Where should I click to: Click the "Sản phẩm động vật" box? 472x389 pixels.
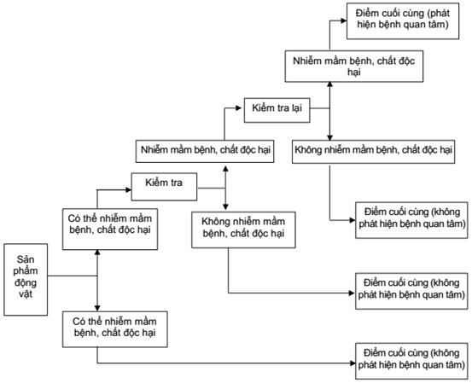pos(26,280)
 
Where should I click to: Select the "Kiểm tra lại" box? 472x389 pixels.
pos(277,110)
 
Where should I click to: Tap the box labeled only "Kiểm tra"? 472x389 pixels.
pos(165,187)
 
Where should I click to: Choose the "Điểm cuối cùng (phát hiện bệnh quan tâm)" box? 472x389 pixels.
pos(403,21)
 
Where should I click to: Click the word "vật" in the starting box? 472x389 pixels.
pos(26,293)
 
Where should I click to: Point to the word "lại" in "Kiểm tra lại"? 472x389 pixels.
pos(296,108)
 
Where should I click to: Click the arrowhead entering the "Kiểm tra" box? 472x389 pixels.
pos(129,190)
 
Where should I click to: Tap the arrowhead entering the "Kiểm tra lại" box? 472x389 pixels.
pos(239,107)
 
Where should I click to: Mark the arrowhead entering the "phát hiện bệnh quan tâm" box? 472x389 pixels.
pos(344,20)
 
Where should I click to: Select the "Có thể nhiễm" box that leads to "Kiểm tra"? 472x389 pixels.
pos(110,229)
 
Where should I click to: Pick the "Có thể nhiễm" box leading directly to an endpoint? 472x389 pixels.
pos(115,329)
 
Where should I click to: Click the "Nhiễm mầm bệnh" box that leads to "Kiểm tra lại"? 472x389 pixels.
pos(205,151)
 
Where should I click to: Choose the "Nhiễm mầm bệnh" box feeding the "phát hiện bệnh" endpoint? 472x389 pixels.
pos(354,67)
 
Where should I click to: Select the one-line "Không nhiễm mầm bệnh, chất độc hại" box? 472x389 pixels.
pos(374,152)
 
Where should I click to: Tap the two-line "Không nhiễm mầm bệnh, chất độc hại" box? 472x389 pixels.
pos(243,229)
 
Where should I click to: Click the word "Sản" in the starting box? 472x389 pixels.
pos(26,259)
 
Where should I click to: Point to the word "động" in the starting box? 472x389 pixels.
pos(26,282)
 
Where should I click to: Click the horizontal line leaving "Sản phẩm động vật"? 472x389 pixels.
pos(73,276)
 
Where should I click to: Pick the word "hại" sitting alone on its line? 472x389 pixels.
pos(354,73)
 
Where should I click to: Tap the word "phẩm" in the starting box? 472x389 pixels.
pos(26,271)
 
